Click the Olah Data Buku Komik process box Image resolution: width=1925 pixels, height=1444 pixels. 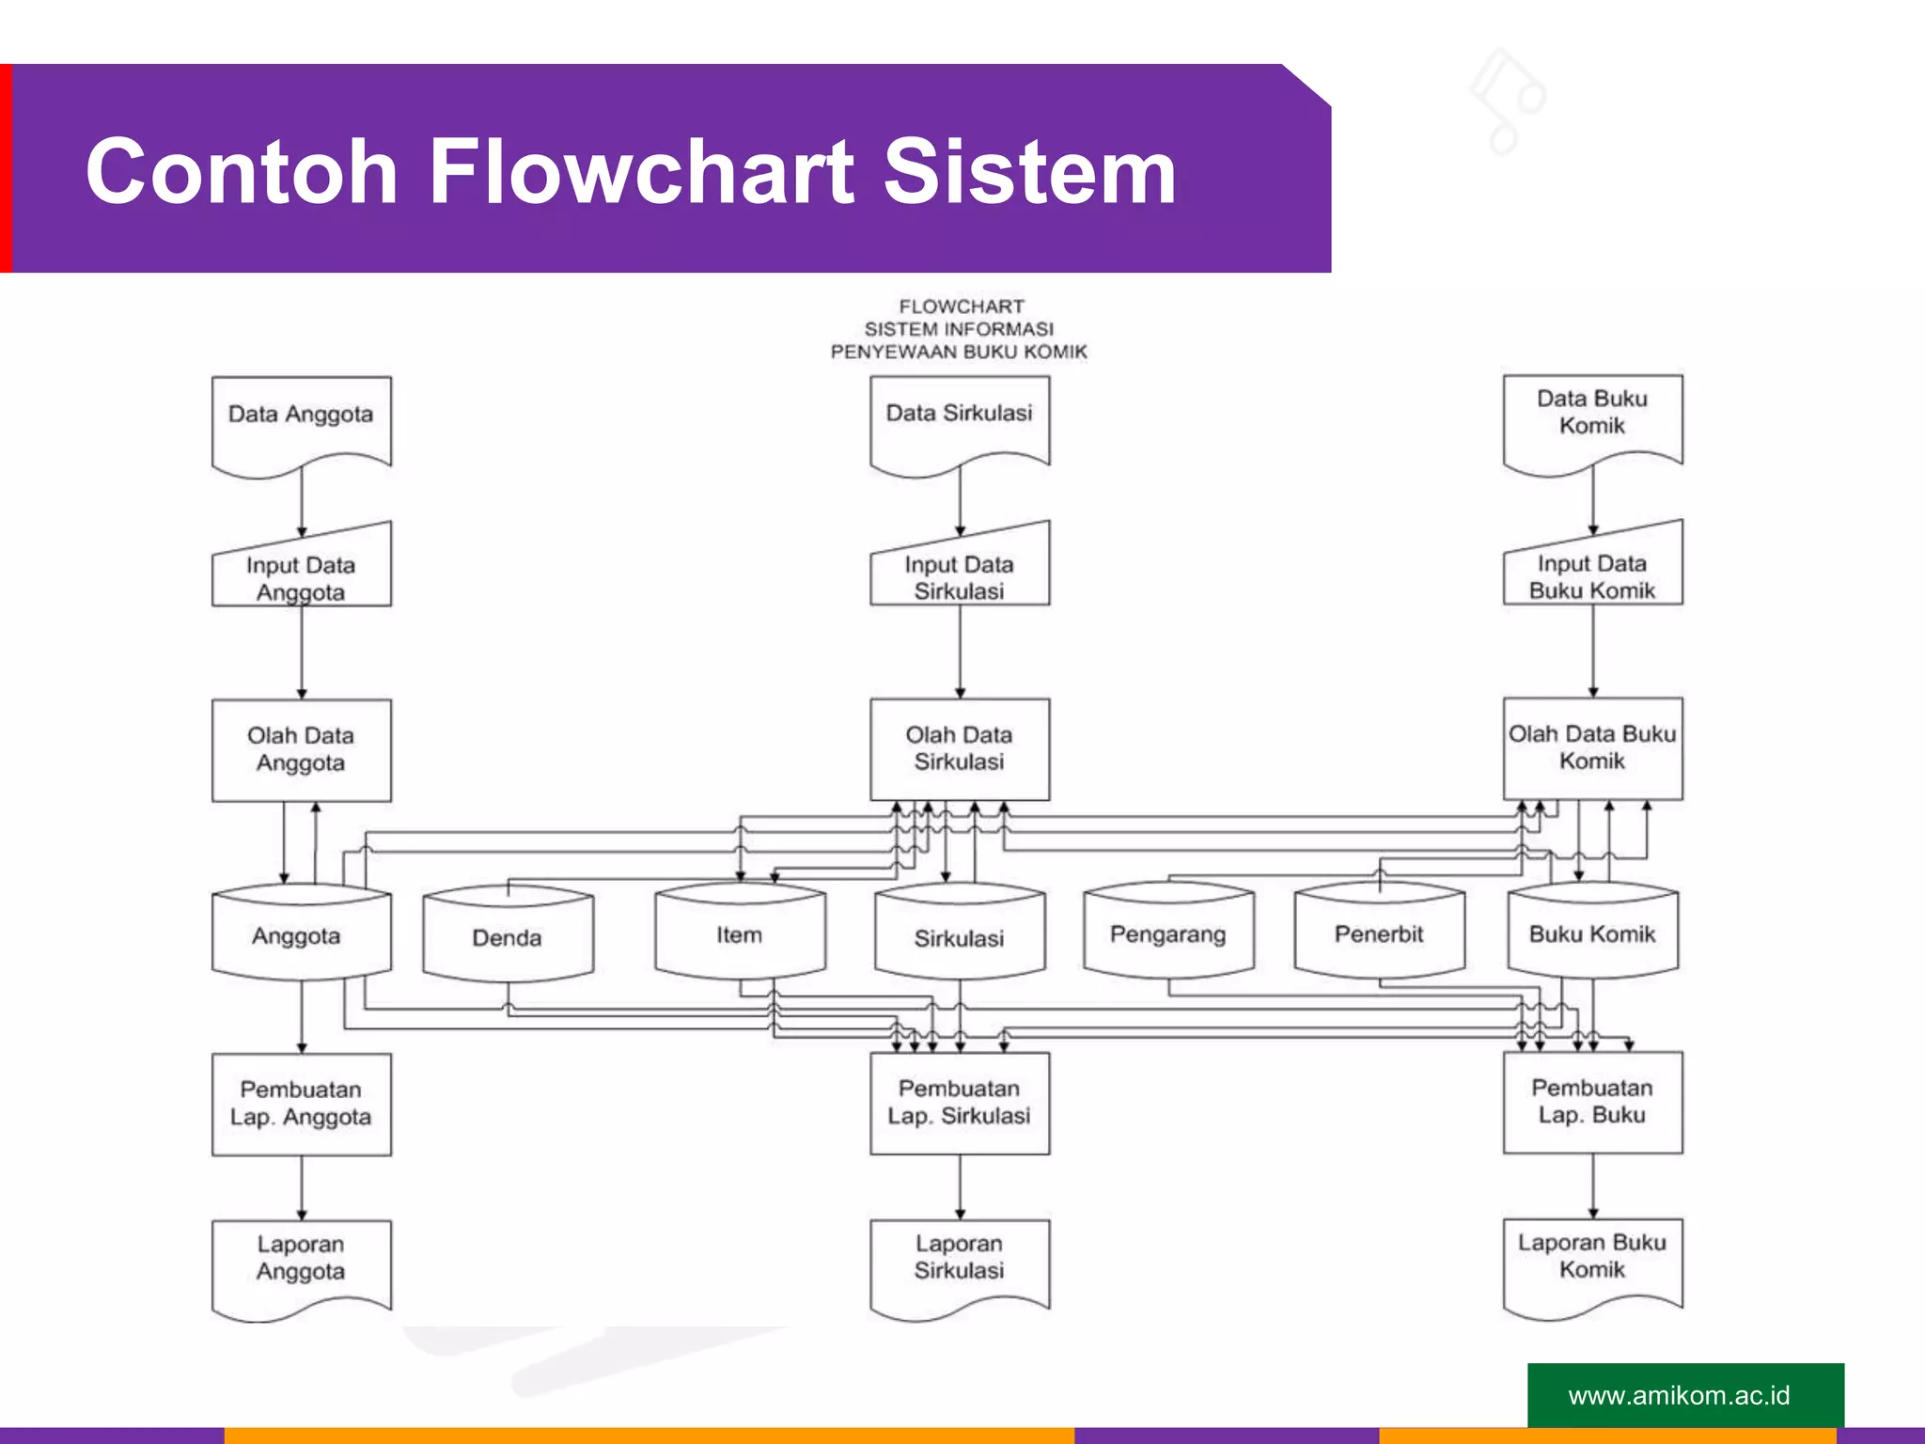[1592, 748]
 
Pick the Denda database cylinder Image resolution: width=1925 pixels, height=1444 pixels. [508, 936]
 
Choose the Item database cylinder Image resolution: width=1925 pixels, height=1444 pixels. [740, 934]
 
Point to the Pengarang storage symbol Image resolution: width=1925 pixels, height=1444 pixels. [1168, 934]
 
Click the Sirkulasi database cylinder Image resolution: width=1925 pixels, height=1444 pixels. [960, 936]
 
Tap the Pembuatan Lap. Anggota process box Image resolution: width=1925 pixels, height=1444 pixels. [301, 1104]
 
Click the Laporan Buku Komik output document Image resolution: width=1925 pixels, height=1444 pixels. [1592, 1262]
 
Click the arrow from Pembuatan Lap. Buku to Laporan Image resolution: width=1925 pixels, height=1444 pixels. [1592, 1186]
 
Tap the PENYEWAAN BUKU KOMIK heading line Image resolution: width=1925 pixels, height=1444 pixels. [959, 352]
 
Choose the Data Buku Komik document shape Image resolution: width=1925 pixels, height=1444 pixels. [1592, 418]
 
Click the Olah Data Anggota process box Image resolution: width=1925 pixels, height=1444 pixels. [301, 749]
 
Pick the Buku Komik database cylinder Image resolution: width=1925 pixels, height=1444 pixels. [1592, 934]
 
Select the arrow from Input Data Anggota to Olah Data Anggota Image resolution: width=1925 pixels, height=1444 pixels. [302, 652]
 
